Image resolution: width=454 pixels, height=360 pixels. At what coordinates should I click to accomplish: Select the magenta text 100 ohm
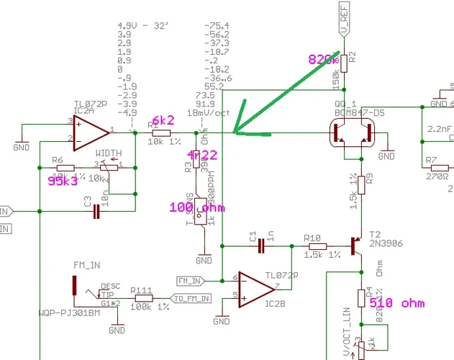pos(196,207)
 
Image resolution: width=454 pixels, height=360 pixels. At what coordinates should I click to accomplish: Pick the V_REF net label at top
pos(344,19)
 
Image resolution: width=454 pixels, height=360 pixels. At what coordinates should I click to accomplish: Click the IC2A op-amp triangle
pos(90,132)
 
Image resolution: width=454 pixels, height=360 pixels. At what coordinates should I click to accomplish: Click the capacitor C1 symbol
pos(262,246)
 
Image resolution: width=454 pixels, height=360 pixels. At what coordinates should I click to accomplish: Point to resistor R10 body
pos(312,246)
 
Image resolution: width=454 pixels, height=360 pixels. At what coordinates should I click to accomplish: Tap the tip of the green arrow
pos(234,132)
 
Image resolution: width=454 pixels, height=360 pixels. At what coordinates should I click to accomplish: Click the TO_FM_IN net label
pos(190,298)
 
